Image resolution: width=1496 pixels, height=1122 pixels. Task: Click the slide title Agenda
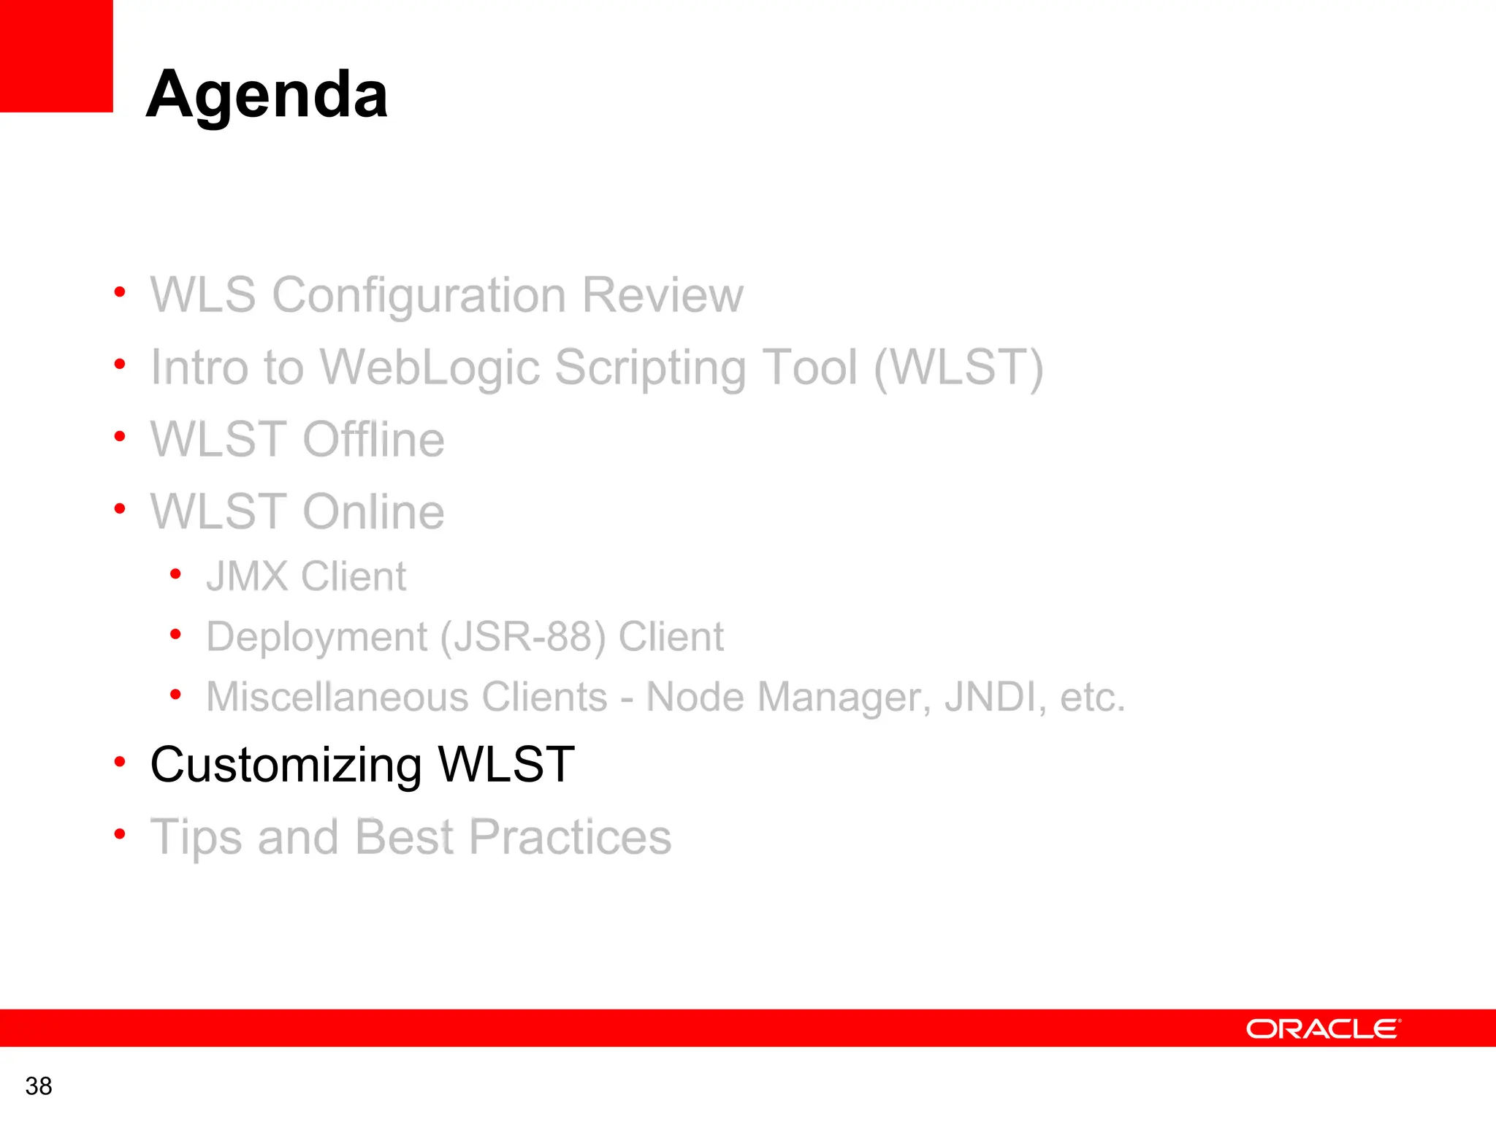[267, 95]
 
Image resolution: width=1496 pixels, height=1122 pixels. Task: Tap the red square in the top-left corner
[56, 56]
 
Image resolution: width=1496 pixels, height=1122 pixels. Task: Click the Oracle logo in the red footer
[1323, 1028]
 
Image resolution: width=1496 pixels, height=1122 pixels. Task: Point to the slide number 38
[39, 1086]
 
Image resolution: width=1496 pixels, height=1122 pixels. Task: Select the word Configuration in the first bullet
[419, 296]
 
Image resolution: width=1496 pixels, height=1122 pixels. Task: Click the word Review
[663, 296]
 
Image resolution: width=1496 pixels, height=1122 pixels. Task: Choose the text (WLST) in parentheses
[959, 367]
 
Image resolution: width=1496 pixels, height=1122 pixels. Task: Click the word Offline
[373, 440]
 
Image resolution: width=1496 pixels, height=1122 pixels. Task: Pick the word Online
[373, 511]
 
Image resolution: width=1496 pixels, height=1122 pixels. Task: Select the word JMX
[247, 576]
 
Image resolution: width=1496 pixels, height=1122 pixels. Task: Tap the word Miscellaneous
[406, 697]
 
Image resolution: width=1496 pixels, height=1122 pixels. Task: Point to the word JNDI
[991, 697]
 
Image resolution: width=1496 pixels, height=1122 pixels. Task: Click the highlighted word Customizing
[286, 766]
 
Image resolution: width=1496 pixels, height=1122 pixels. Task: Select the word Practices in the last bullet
[570, 837]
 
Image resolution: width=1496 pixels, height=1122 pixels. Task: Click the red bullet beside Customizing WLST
[120, 762]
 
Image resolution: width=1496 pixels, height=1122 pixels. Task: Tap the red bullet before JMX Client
[175, 575]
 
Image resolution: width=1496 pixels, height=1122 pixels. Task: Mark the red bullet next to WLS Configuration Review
[120, 293]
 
